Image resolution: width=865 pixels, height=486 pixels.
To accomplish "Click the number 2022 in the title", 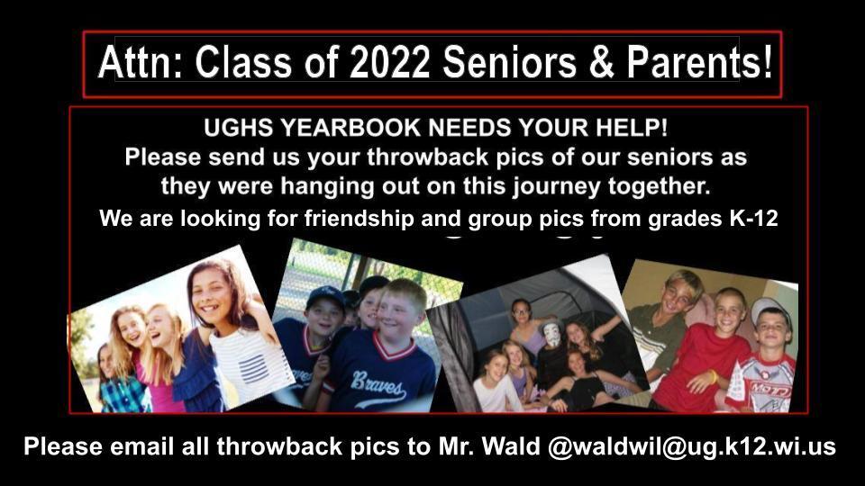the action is [389, 62].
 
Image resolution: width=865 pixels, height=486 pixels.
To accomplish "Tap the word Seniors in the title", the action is [510, 62].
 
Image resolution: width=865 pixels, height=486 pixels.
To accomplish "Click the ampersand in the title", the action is [602, 62].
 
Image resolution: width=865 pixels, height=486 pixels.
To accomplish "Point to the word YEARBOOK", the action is [351, 128].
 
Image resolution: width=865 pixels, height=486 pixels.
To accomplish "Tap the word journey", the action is [557, 187].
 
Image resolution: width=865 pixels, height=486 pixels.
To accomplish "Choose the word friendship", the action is [360, 219].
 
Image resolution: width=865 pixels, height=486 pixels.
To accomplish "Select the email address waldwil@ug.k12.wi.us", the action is [699, 445].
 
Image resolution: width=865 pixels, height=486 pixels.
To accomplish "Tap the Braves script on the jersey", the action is [378, 384].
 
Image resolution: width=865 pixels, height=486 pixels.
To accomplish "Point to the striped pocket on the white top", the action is [254, 369].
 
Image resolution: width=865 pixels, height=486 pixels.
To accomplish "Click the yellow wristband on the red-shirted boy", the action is [713, 376].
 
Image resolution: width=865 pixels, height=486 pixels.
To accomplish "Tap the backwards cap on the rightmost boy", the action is [769, 308].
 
